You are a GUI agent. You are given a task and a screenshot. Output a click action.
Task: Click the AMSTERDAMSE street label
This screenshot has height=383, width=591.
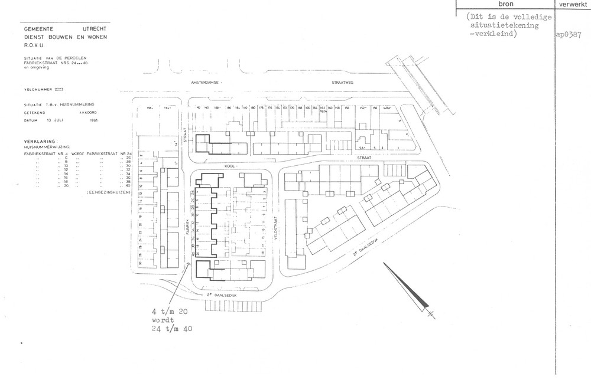click(203, 84)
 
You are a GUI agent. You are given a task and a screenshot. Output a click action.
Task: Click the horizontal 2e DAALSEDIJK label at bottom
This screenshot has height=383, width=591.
click(221, 293)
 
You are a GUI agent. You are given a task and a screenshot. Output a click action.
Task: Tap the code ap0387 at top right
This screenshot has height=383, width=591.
click(569, 34)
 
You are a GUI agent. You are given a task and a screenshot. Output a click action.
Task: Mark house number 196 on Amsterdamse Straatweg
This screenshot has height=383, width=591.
click(150, 108)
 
